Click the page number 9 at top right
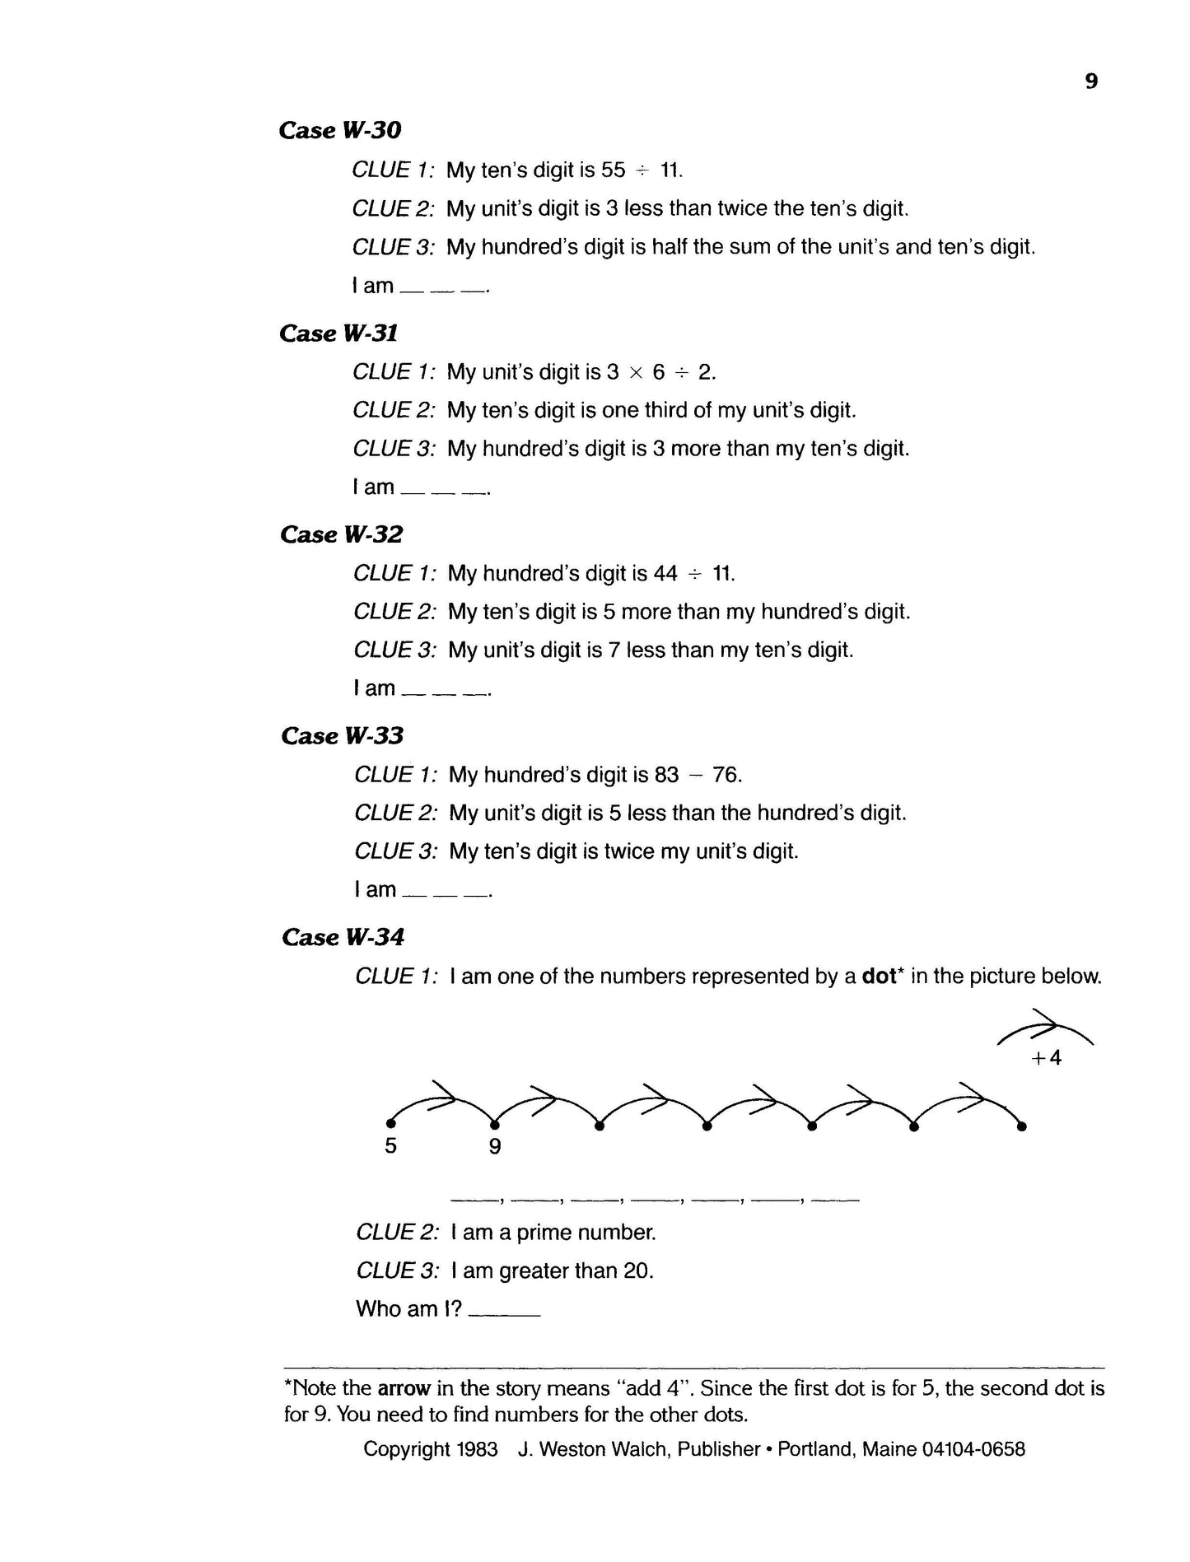pyautogui.click(x=1091, y=82)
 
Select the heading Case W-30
pyautogui.click(x=340, y=131)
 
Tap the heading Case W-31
pyautogui.click(x=338, y=333)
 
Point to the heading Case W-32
pyautogui.click(x=341, y=535)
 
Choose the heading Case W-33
pyautogui.click(x=342, y=736)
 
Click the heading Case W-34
pyautogui.click(x=343, y=938)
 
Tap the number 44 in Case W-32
pyautogui.click(x=665, y=574)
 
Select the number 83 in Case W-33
pyautogui.click(x=667, y=775)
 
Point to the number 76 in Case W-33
pyautogui.click(x=726, y=775)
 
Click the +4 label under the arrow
pyautogui.click(x=1046, y=1058)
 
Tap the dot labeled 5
pyautogui.click(x=391, y=1122)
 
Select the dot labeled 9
pyautogui.click(x=495, y=1125)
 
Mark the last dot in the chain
pyautogui.click(x=1022, y=1126)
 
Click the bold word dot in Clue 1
pyautogui.click(x=878, y=977)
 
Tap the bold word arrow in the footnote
pyautogui.click(x=404, y=1388)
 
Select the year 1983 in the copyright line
pyautogui.click(x=476, y=1449)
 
